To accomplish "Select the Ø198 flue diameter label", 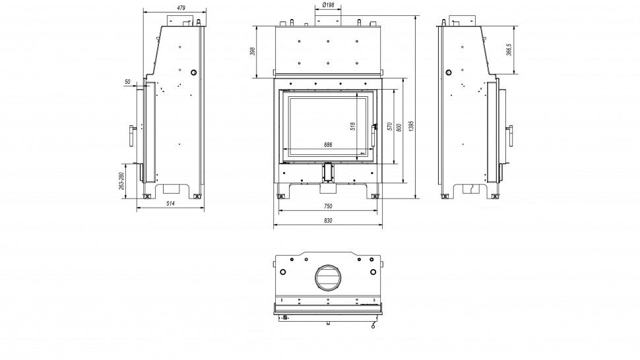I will (x=328, y=5).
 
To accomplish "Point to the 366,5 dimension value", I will (x=509, y=50).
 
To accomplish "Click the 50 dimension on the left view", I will (x=127, y=81).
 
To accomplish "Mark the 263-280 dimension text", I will (x=122, y=181).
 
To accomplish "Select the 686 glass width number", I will (x=327, y=144).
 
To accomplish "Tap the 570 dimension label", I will (x=390, y=126).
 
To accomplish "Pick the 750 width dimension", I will (x=328, y=206).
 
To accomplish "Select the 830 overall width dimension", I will (x=328, y=220).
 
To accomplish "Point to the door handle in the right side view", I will (x=510, y=135).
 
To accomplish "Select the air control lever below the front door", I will (x=328, y=173).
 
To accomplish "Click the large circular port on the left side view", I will (x=193, y=72).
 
